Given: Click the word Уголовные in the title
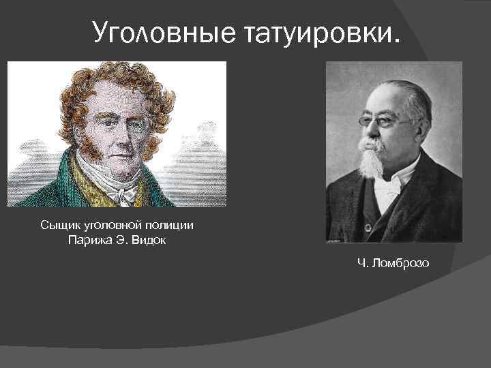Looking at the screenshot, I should pos(162,31).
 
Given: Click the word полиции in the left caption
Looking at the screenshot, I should pos(181,226).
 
